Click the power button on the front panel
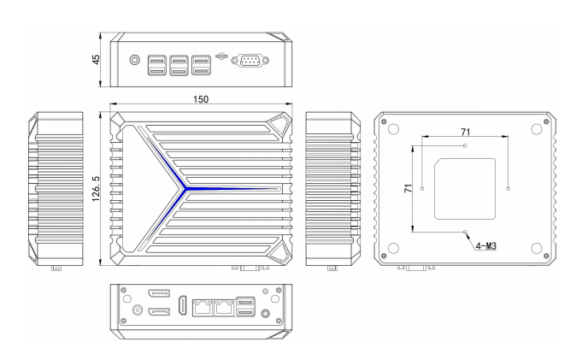point(135,60)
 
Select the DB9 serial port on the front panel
point(250,61)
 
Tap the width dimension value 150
point(201,99)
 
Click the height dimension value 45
point(96,60)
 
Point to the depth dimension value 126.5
point(96,189)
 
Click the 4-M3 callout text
point(486,245)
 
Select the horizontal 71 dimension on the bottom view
point(466,132)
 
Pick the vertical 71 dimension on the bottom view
point(408,188)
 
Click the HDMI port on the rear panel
point(182,305)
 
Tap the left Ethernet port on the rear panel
point(203,307)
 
